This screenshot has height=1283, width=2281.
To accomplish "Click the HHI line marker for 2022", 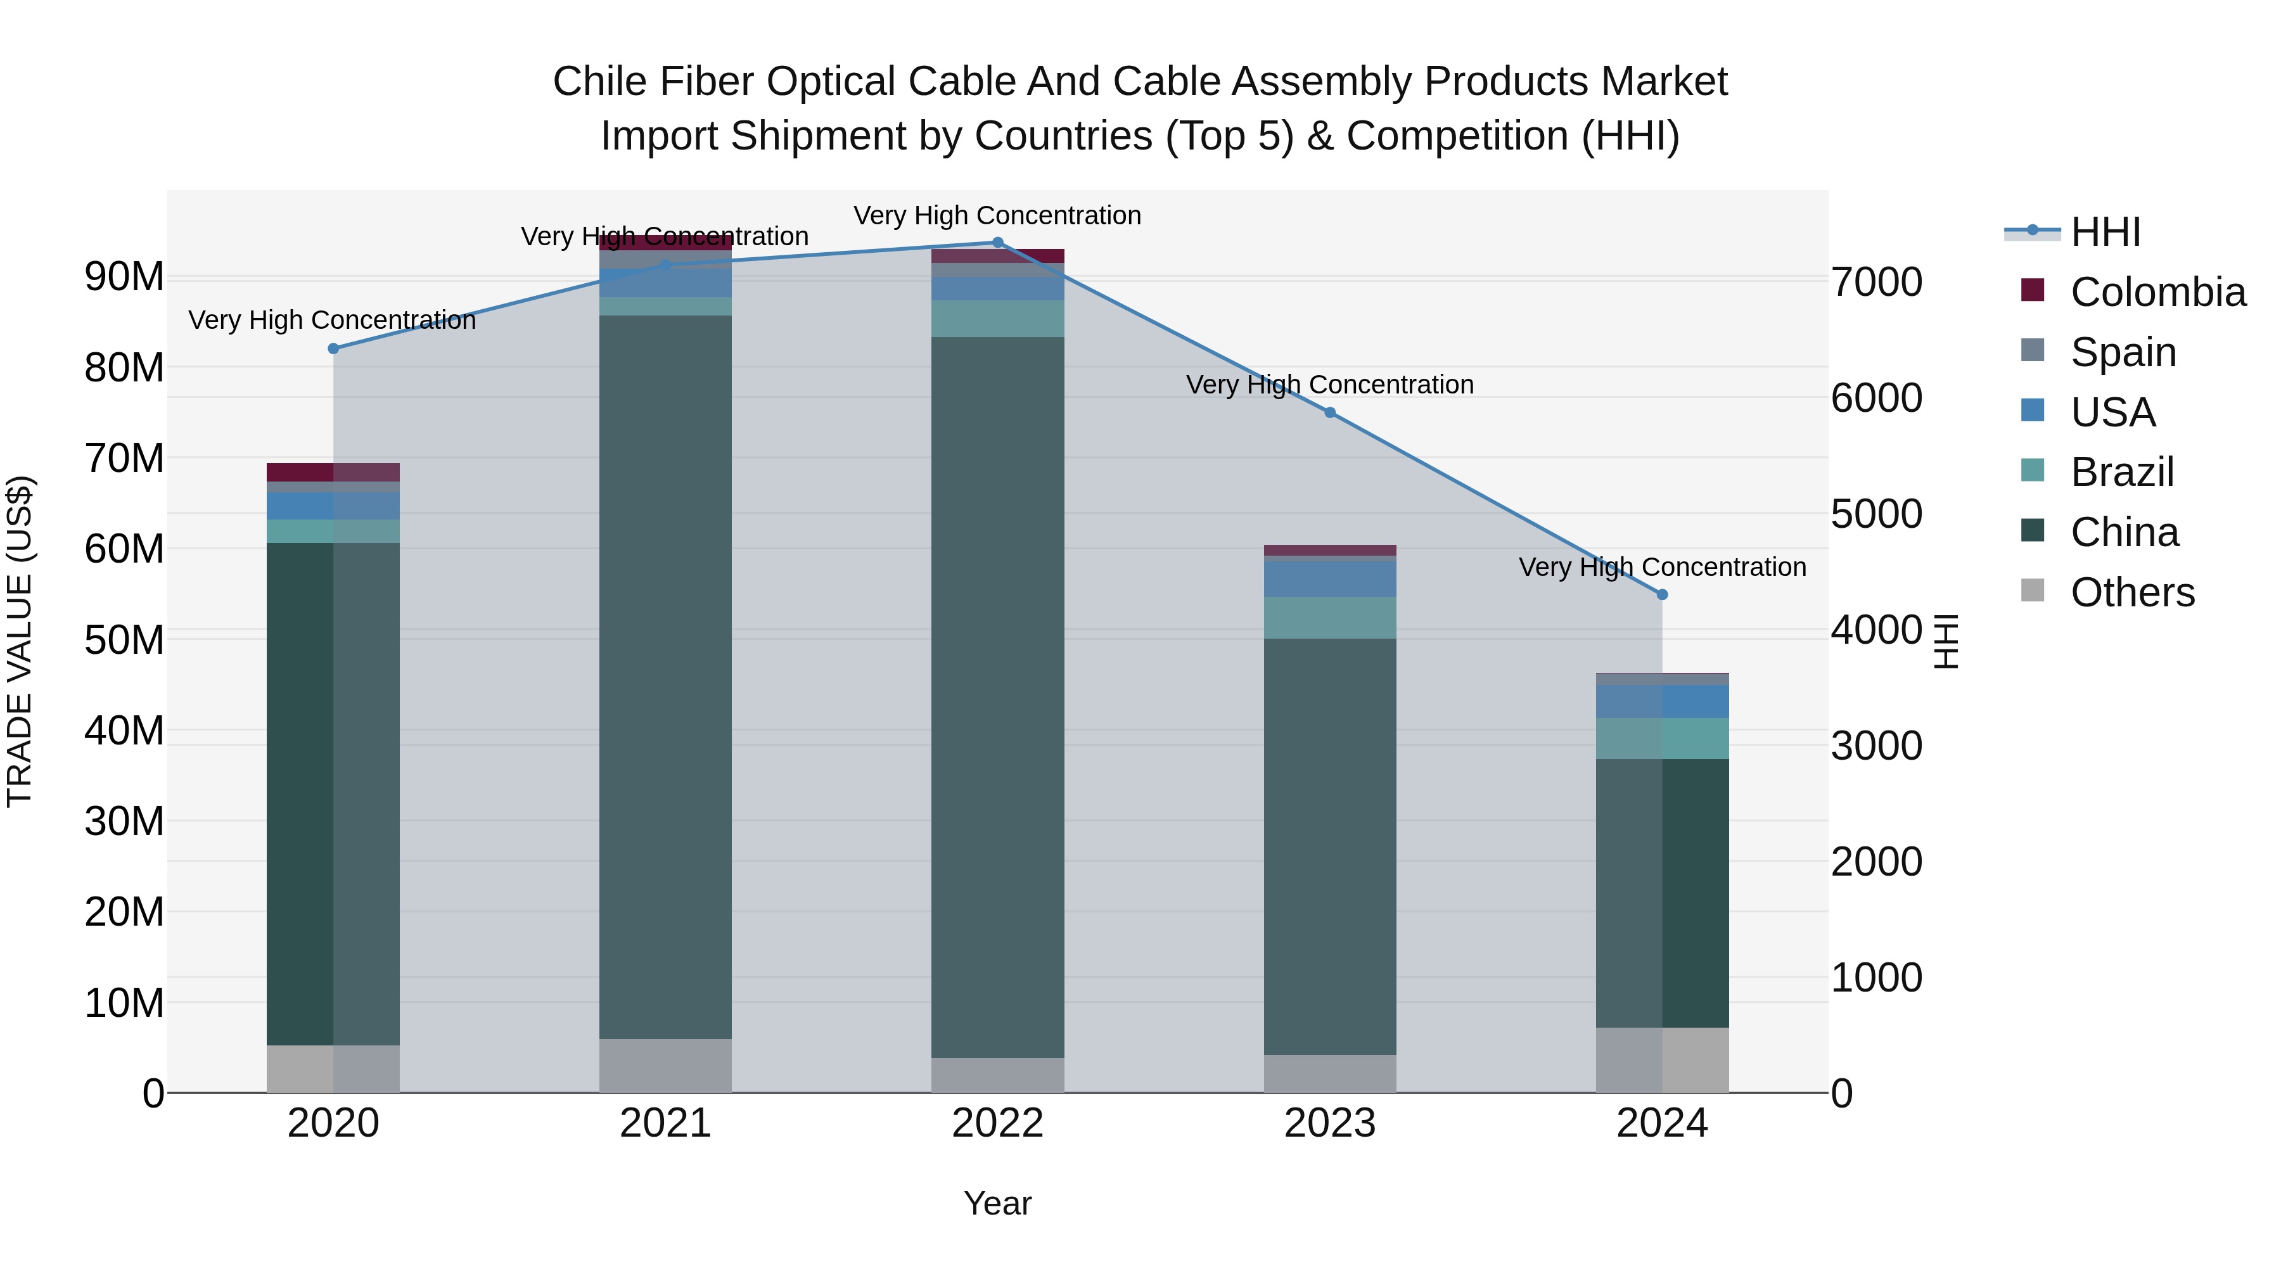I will pyautogui.click(x=997, y=243).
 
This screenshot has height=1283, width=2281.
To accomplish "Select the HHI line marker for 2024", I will pyautogui.click(x=1662, y=595).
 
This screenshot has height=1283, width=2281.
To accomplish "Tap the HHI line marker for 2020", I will pyautogui.click(x=333, y=349).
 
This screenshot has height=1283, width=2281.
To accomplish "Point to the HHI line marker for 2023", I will pyautogui.click(x=1329, y=412).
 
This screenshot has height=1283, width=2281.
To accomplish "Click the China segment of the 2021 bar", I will pyautogui.click(x=665, y=677).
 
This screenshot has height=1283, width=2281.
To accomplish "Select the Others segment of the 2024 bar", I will pyautogui.click(x=1662, y=1060).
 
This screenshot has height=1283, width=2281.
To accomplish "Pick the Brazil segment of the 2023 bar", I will pyautogui.click(x=1329, y=618).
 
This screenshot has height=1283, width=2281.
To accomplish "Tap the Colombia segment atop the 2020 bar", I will pyautogui.click(x=333, y=472).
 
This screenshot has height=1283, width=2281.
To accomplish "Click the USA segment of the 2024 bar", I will pyautogui.click(x=1662, y=701).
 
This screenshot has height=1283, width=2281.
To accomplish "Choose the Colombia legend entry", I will pyautogui.click(x=2157, y=292).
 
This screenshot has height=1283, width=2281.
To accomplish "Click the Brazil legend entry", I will pyautogui.click(x=2121, y=472).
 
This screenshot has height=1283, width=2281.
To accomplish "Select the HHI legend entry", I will pyautogui.click(x=2105, y=232).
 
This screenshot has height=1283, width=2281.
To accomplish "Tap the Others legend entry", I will pyautogui.click(x=2132, y=592).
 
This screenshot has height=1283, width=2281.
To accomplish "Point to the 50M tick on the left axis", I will pyautogui.click(x=124, y=640).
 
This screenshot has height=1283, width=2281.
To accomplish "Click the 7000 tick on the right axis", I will pyautogui.click(x=1876, y=283).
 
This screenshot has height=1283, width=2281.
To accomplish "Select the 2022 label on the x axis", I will pyautogui.click(x=997, y=1123).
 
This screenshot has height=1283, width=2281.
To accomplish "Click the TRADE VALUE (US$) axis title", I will pyautogui.click(x=20, y=641).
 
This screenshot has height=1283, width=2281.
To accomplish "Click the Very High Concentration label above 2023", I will pyautogui.click(x=1329, y=385).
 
